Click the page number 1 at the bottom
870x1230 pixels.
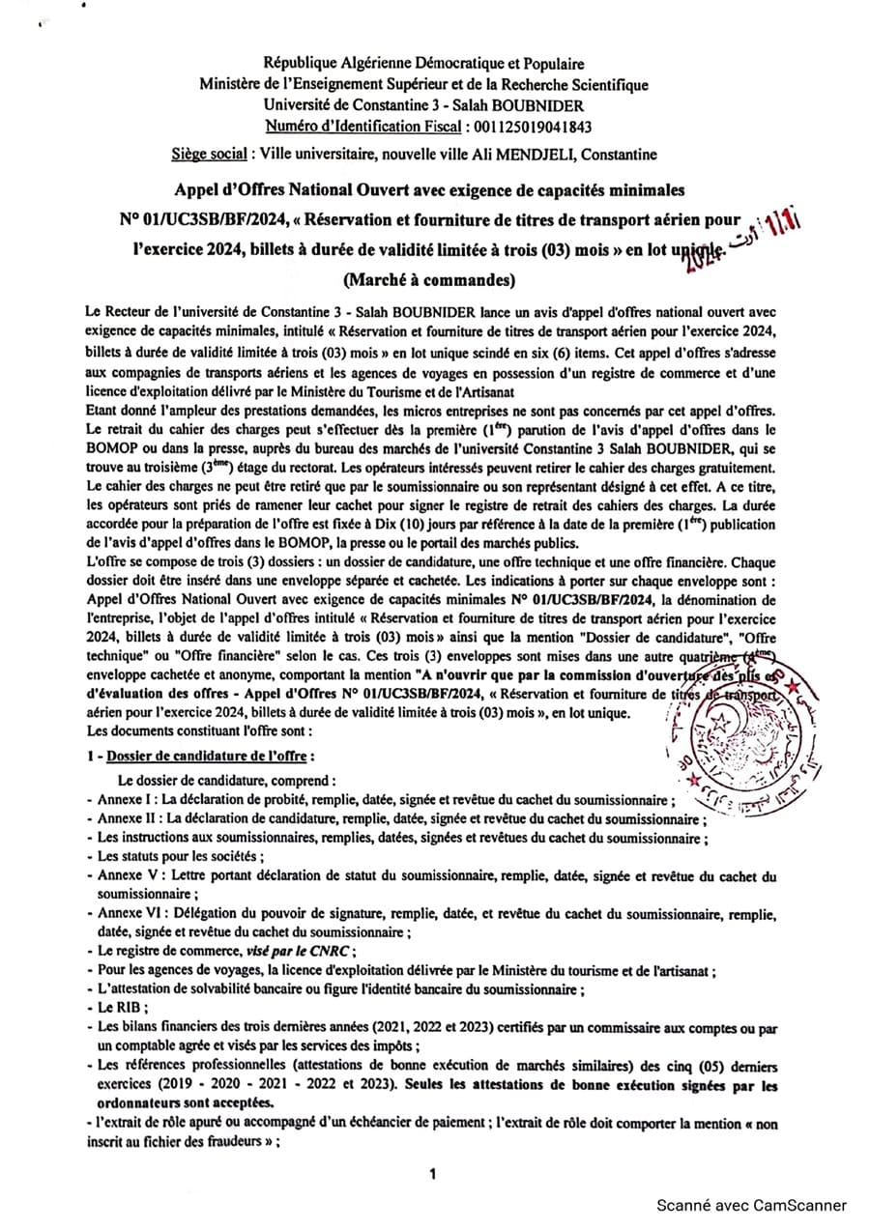433,1174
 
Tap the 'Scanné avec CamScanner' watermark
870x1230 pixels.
751,1205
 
